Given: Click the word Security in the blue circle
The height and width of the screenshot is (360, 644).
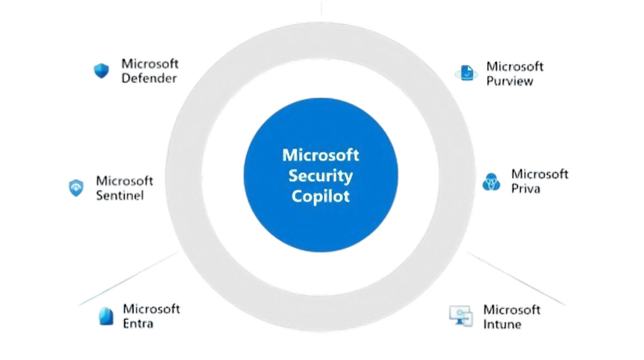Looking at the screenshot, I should (320, 176).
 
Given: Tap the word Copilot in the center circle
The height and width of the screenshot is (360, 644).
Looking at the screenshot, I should (320, 195).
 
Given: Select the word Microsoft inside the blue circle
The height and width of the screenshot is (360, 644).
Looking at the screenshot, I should (320, 155).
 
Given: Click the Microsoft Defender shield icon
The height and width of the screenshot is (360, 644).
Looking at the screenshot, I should (101, 71).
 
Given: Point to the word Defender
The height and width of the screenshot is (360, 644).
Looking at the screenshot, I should (150, 78).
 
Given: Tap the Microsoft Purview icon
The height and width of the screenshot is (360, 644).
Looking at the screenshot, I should (466, 73).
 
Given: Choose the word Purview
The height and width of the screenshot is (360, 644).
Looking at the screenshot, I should (509, 82).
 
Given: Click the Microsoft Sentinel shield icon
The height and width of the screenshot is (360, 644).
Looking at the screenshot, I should (76, 188).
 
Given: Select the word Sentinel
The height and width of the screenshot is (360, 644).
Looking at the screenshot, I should (120, 195).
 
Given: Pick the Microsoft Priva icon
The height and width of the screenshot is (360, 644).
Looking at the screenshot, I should (491, 182).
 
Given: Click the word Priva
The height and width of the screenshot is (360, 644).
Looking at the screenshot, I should (525, 189).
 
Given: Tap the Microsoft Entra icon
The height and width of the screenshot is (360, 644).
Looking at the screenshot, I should (105, 316).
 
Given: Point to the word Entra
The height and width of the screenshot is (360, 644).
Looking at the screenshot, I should (138, 324).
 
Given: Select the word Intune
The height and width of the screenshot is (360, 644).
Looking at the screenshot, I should (503, 324).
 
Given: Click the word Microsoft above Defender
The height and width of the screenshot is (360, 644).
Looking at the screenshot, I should (150, 64).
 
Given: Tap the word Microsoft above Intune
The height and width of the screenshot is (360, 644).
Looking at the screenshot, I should (512, 310).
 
